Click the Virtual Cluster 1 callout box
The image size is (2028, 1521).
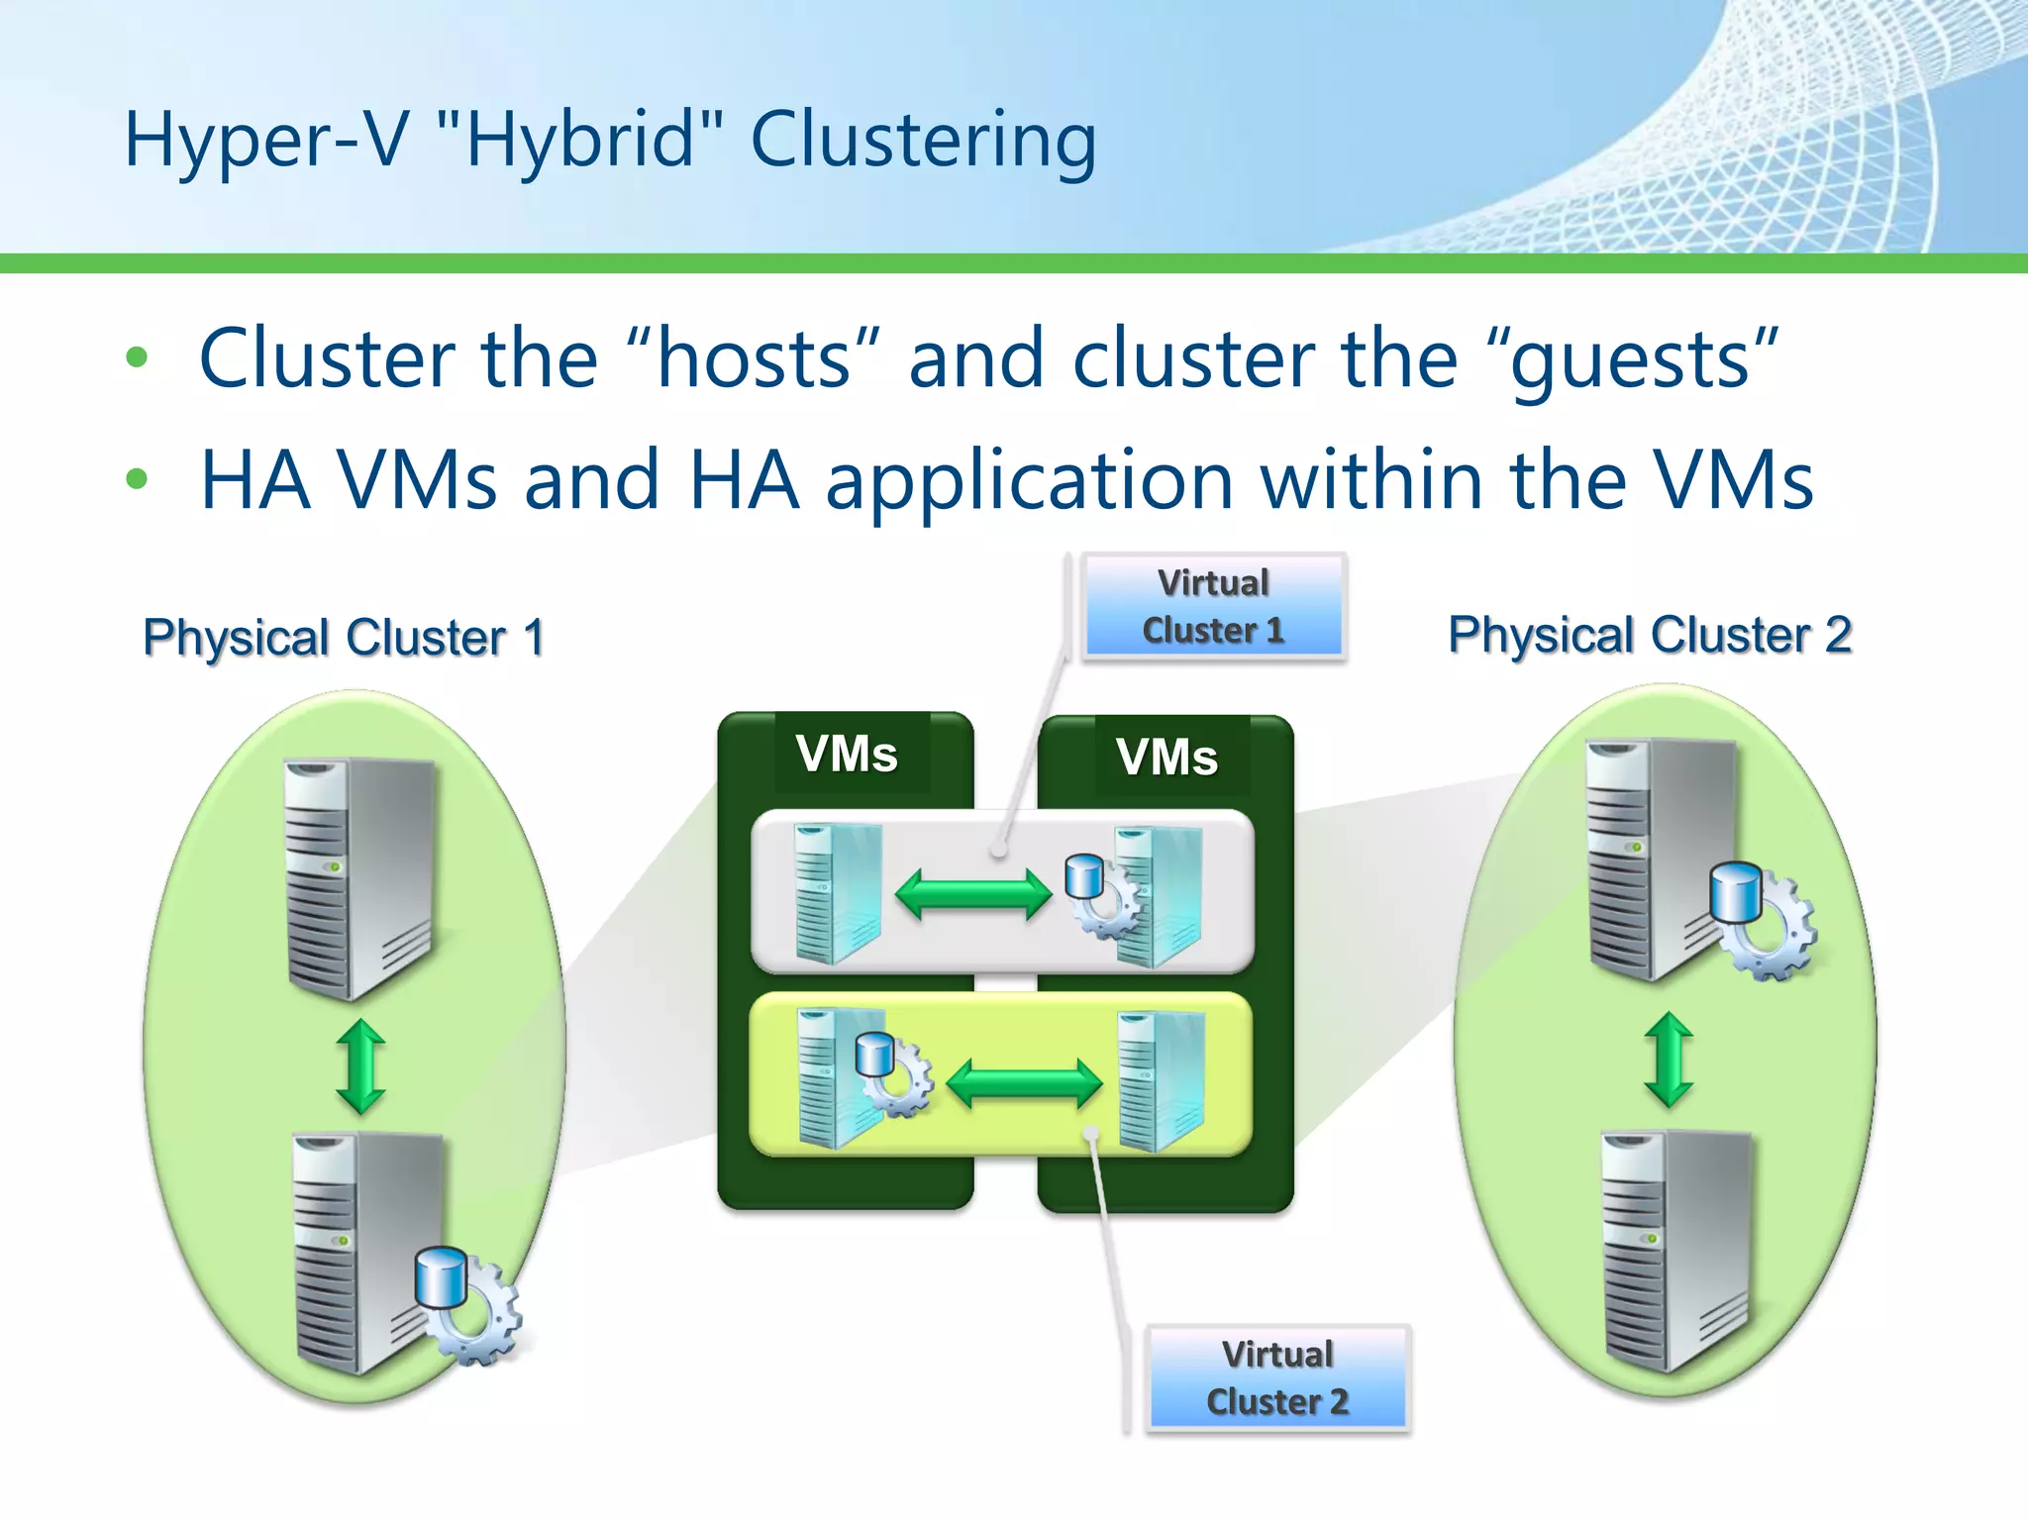[1213, 607]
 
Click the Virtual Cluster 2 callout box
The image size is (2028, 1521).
[1277, 1377]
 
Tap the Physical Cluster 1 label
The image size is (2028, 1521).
[344, 637]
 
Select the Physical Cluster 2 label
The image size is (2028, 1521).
[1650, 635]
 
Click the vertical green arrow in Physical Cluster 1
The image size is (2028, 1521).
[360, 1067]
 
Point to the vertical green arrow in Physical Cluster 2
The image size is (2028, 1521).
[1669, 1059]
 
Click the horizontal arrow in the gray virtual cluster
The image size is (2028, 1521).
[972, 894]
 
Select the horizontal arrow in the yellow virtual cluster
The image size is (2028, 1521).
[1024, 1083]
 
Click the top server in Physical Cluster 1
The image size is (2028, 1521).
[359, 877]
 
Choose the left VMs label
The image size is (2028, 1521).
[847, 754]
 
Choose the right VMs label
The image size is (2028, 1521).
[1166, 758]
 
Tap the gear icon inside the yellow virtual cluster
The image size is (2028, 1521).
[894, 1075]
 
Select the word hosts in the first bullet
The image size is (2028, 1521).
[754, 358]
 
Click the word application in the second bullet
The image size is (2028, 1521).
[1029, 481]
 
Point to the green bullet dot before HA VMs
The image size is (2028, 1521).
[137, 480]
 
